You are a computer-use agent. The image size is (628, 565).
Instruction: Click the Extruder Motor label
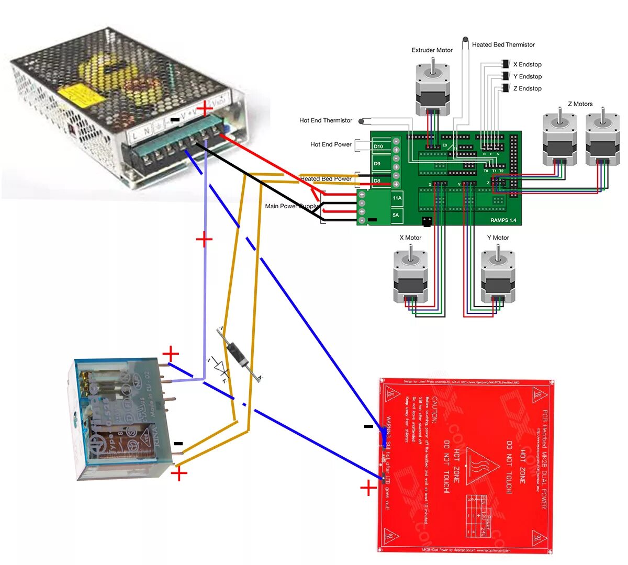(432, 50)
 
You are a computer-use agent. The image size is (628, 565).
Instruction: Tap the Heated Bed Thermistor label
(503, 44)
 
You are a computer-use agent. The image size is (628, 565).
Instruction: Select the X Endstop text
(527, 64)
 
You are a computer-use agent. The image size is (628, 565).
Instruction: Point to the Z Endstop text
(527, 88)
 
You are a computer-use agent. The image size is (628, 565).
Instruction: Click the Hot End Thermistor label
(326, 120)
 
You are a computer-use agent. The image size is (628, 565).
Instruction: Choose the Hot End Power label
(331, 144)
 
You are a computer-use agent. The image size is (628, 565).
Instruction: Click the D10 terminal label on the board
(378, 146)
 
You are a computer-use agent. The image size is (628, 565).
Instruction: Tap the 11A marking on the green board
(397, 198)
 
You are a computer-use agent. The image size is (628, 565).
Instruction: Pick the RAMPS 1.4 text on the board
(503, 220)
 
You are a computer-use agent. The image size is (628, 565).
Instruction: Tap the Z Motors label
(580, 104)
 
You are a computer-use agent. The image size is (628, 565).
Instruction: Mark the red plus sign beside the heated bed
(368, 489)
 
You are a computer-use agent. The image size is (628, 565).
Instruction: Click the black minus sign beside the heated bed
(368, 426)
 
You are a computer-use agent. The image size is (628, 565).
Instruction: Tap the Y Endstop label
(527, 76)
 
